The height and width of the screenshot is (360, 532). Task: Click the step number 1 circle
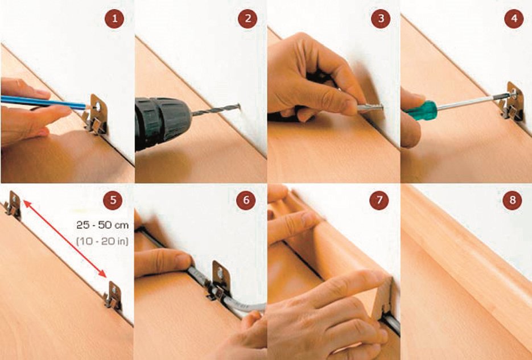pos(114,18)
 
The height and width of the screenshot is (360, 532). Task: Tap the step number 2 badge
pos(248,18)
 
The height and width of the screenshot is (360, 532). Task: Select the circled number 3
pos(381,18)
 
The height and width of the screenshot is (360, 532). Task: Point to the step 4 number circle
pos(514,18)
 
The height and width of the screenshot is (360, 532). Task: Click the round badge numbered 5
pos(113,200)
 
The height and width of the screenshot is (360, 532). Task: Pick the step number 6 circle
pos(246,200)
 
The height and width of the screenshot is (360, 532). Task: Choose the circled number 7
pos(379,200)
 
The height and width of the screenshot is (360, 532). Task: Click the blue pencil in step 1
pos(44,102)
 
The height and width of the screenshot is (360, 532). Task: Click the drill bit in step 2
pos(216,111)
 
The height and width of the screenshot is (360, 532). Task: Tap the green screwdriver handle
pos(421,110)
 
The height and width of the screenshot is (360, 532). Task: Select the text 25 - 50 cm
pos(102,225)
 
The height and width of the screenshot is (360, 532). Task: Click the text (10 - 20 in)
pos(102,241)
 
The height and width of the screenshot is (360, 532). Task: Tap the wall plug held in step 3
pos(370,107)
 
